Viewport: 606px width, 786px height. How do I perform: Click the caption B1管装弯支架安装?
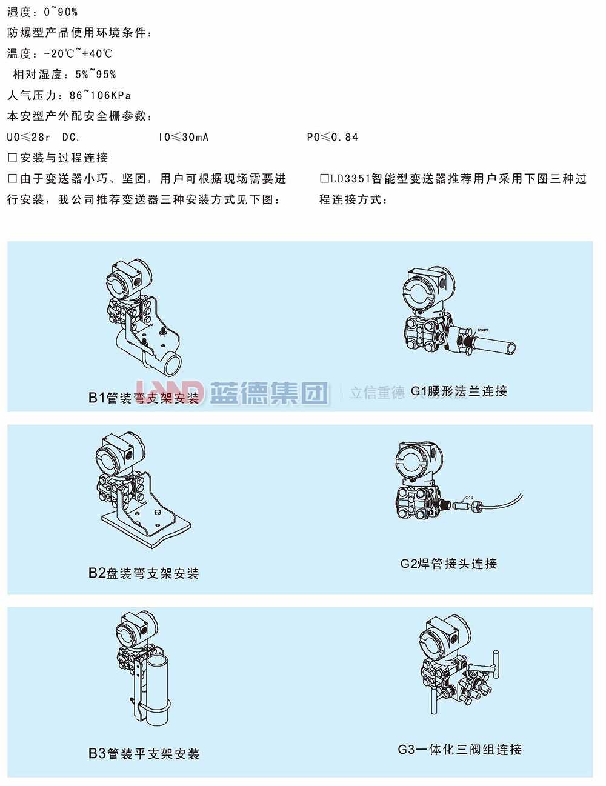[x=144, y=398]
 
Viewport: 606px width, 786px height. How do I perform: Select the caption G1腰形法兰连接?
[x=459, y=391]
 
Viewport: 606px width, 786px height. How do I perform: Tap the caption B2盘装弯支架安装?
[x=144, y=573]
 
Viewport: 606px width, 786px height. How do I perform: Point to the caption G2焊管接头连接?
[x=448, y=564]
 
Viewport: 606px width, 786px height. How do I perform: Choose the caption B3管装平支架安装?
[x=144, y=753]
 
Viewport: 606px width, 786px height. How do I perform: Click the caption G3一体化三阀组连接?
[x=459, y=750]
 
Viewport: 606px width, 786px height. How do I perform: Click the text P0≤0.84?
[x=332, y=137]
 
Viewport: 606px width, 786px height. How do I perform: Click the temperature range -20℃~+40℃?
[x=78, y=53]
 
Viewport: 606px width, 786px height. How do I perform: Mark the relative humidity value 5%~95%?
[x=96, y=75]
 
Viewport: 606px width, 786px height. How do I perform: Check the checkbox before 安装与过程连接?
[x=12, y=158]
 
